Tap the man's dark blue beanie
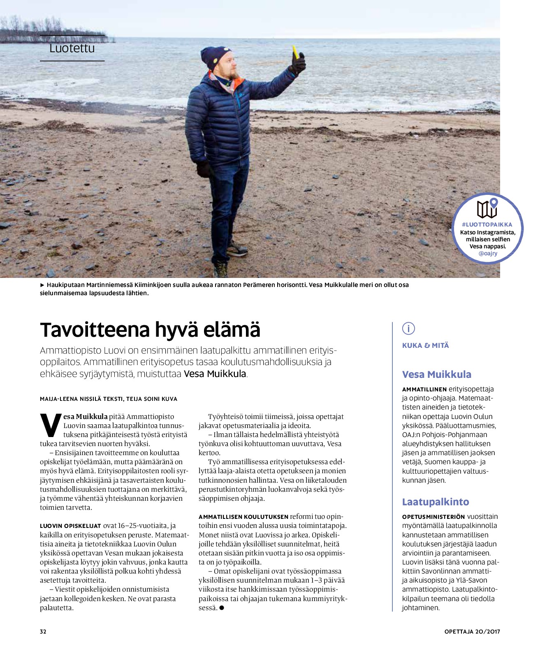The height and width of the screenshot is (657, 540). [x=215, y=58]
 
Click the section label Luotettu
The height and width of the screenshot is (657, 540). [x=72, y=49]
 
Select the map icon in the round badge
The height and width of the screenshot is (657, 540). [x=487, y=208]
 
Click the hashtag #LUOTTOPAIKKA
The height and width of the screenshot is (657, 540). [x=487, y=224]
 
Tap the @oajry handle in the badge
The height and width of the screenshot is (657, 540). [x=488, y=254]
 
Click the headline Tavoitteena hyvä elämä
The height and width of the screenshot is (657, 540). [x=150, y=330]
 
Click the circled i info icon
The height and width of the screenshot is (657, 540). [x=408, y=328]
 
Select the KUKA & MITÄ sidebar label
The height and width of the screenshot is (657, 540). [x=425, y=345]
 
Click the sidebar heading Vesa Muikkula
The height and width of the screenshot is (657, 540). [x=436, y=374]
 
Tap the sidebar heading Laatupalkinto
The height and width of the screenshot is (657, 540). [x=435, y=502]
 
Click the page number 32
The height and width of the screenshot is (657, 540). [x=43, y=632]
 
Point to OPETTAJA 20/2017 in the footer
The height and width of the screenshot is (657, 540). [x=472, y=632]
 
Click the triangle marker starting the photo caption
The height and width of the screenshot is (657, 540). [x=42, y=285]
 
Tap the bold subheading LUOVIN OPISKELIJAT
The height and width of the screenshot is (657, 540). [x=70, y=526]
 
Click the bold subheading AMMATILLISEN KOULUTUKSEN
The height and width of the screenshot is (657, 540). [x=243, y=517]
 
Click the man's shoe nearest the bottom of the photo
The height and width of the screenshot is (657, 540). [x=221, y=270]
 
